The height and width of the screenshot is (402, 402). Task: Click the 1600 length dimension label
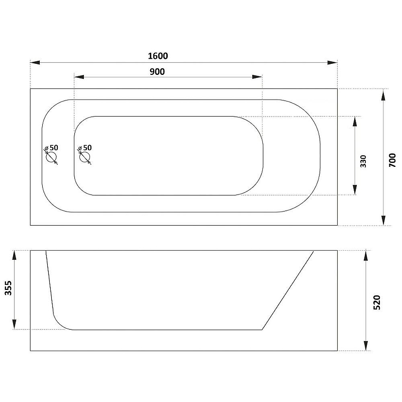click(x=158, y=56)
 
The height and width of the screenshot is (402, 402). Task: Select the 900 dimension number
click(x=157, y=72)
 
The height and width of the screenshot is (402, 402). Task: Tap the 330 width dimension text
click(x=363, y=161)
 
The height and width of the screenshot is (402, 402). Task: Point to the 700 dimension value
click(x=392, y=160)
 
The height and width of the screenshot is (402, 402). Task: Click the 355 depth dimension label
click(x=8, y=288)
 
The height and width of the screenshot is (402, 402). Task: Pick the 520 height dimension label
click(x=376, y=303)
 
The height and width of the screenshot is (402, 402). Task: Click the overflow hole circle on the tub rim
click(x=51, y=157)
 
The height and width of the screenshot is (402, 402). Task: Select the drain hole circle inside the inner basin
click(x=84, y=157)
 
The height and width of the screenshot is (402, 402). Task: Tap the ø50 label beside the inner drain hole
click(x=85, y=148)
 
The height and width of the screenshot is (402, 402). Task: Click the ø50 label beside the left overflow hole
click(x=51, y=148)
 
